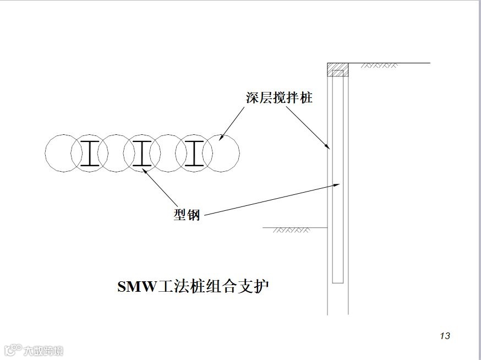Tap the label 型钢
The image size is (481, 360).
(187, 215)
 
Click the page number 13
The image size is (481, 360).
(445, 336)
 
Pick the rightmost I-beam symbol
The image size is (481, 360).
(194, 153)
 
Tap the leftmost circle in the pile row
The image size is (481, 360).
(57, 153)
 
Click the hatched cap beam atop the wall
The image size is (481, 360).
(338, 70)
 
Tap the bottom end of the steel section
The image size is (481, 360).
(338, 282)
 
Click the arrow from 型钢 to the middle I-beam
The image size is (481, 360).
(160, 187)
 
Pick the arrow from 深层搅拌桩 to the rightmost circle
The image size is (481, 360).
(231, 124)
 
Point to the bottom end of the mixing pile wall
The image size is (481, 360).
(338, 314)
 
